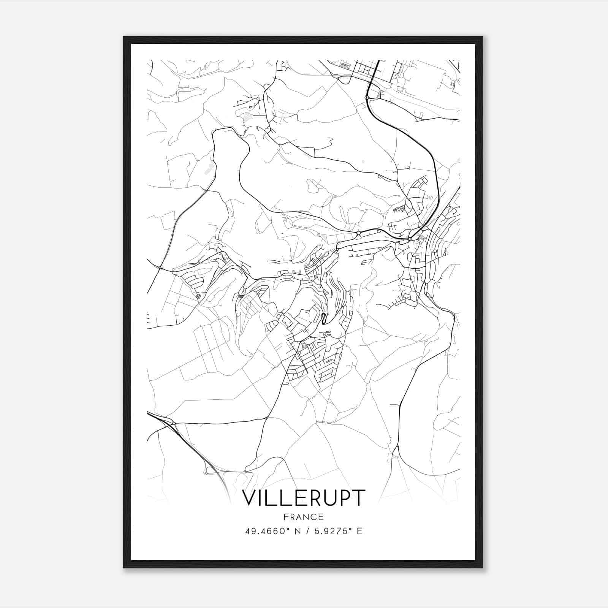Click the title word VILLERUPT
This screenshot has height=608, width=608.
pyautogui.click(x=304, y=498)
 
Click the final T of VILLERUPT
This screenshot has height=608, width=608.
pyautogui.click(x=359, y=498)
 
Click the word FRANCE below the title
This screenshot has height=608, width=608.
pyautogui.click(x=304, y=517)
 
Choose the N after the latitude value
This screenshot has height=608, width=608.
pyautogui.click(x=297, y=531)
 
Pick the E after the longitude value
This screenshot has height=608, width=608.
pyautogui.click(x=359, y=531)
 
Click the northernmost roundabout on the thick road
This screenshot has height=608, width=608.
pyautogui.click(x=367, y=98)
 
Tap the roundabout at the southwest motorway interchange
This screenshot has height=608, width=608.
pyautogui.click(x=174, y=423)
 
